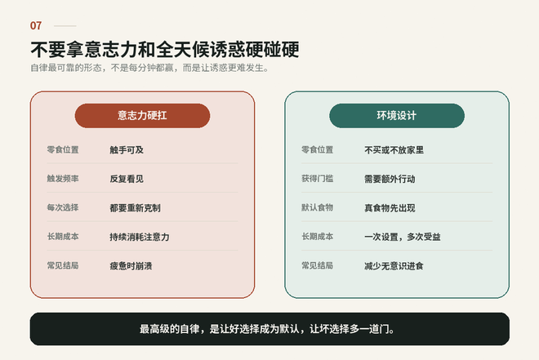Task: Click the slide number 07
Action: [36, 26]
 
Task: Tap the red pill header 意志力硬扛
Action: [142, 115]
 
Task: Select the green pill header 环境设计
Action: [397, 115]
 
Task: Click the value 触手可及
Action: [127, 150]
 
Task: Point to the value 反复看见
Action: [127, 179]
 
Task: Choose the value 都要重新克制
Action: [135, 208]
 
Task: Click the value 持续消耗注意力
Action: [140, 237]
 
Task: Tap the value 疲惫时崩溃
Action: [131, 266]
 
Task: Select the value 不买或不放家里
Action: [394, 150]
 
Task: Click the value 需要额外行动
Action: [390, 179]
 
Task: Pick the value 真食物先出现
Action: [390, 208]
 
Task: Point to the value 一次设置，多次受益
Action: [403, 237]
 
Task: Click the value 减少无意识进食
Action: [394, 266]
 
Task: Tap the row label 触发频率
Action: [63, 179]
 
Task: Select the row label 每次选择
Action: [63, 207]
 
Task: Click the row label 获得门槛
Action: [318, 179]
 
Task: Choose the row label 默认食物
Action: [318, 207]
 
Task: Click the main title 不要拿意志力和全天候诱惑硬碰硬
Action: [165, 50]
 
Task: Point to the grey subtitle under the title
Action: [149, 68]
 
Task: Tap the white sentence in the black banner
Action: [267, 329]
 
